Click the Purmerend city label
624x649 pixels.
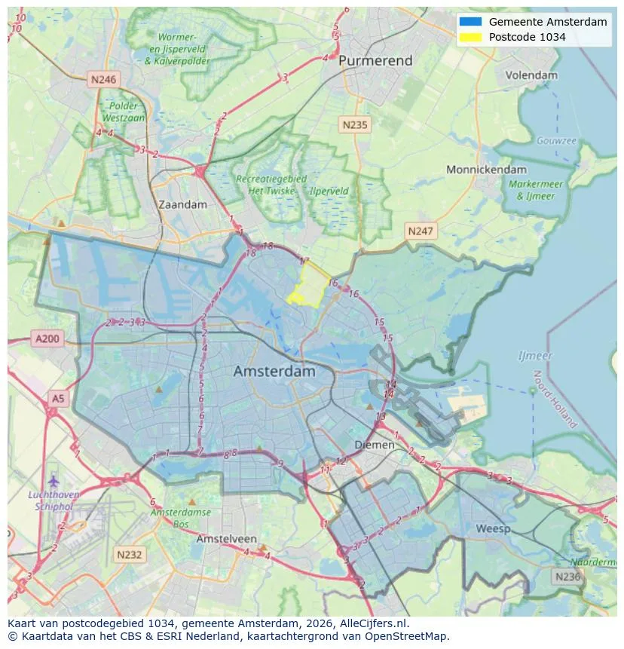pyautogui.click(x=375, y=60)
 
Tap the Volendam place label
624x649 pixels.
pyautogui.click(x=531, y=75)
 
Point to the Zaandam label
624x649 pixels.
pyautogui.click(x=182, y=204)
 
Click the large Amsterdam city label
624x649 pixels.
pyautogui.click(x=274, y=372)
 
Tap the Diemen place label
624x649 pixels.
pyautogui.click(x=375, y=445)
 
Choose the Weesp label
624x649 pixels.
pyautogui.click(x=493, y=528)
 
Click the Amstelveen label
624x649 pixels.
pyautogui.click(x=226, y=540)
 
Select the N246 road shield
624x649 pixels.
pyautogui.click(x=102, y=78)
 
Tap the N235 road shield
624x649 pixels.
pyautogui.click(x=353, y=125)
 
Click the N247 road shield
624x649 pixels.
pyautogui.click(x=420, y=231)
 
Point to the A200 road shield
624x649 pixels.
pyautogui.click(x=47, y=339)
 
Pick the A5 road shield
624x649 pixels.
pyautogui.click(x=57, y=397)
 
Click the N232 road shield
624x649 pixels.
pyautogui.click(x=129, y=555)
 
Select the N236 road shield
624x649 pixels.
pyautogui.click(x=567, y=577)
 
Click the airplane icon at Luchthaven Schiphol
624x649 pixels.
pyautogui.click(x=53, y=480)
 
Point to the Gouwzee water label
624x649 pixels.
pyautogui.click(x=556, y=141)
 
